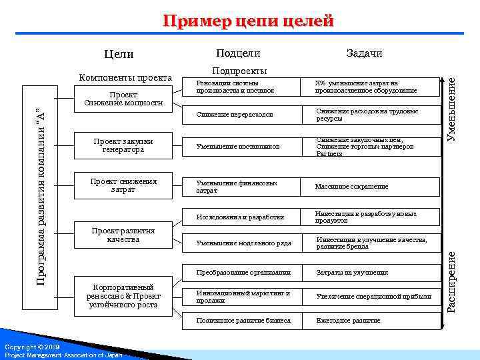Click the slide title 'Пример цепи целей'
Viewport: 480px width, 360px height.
(x=249, y=21)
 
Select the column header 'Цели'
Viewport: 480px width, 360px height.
(x=119, y=54)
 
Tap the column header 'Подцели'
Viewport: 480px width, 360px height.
(x=238, y=53)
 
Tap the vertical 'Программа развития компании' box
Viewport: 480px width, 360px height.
(x=41, y=193)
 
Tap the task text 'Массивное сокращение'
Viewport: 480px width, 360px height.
(x=351, y=187)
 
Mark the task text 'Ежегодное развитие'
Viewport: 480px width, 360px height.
(x=348, y=321)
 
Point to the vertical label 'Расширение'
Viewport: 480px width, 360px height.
(x=451, y=280)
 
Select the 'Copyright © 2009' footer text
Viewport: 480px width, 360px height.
(x=32, y=347)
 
